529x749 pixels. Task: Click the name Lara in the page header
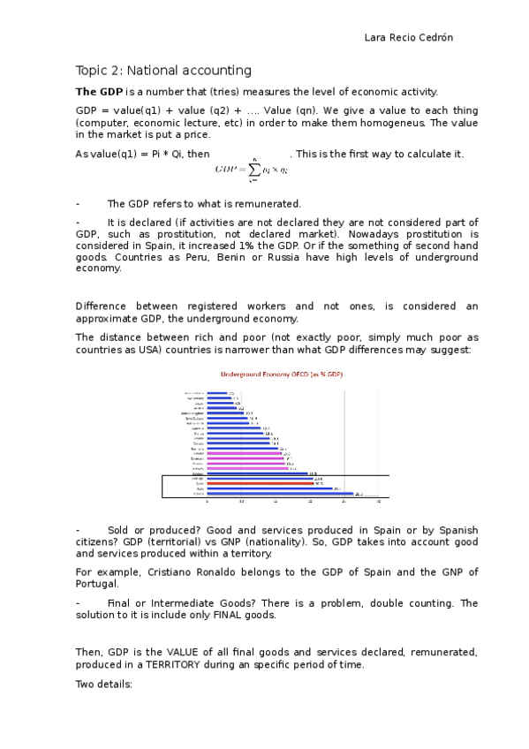375,38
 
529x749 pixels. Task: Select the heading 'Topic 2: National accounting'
163,71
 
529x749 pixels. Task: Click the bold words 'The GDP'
99,92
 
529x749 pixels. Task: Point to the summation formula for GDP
251,167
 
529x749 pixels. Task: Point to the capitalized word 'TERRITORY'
166,664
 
